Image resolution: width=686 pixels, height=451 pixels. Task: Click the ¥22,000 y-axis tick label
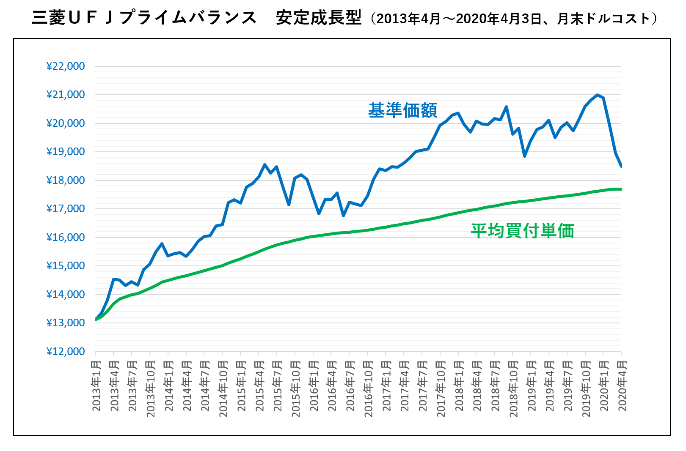click(x=66, y=66)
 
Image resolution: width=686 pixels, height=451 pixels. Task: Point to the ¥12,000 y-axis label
click(x=66, y=352)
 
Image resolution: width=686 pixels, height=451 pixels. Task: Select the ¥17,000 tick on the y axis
click(x=66, y=209)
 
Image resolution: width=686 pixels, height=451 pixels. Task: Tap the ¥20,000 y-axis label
click(x=66, y=123)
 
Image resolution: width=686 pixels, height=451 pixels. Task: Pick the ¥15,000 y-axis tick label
click(x=66, y=266)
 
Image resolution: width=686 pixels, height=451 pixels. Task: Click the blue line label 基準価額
click(x=402, y=110)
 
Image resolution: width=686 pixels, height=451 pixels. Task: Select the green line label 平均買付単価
click(x=522, y=231)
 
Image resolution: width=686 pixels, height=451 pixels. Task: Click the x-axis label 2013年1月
click(x=96, y=385)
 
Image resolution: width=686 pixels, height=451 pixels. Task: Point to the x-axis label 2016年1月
click(x=314, y=385)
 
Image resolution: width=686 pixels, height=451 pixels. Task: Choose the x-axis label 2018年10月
click(x=513, y=388)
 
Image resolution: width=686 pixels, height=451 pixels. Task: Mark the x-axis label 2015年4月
click(x=259, y=385)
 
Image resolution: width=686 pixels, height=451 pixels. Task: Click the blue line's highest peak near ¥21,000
click(x=597, y=95)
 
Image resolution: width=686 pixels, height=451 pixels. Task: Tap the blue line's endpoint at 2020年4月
click(x=621, y=166)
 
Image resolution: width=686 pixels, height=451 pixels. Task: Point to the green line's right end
click(x=621, y=189)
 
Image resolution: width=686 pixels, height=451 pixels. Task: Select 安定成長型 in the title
click(x=318, y=18)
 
